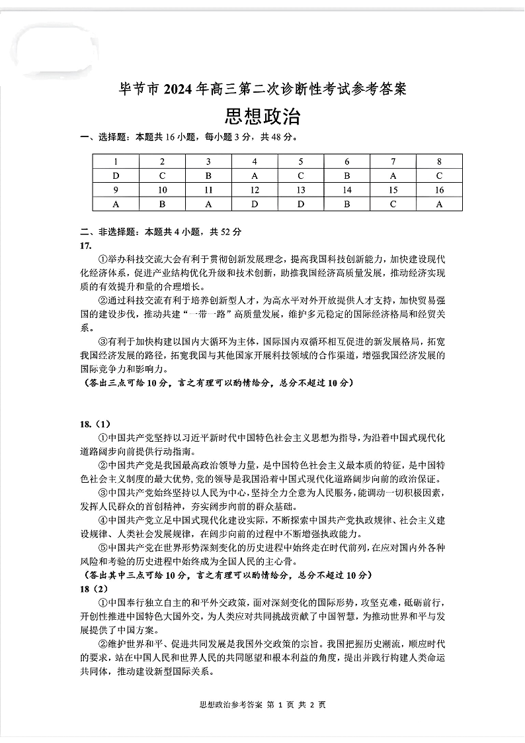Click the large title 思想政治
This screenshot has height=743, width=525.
pyautogui.click(x=262, y=117)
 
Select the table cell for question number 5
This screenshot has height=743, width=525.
pyautogui.click(x=301, y=162)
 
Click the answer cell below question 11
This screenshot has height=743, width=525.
pyautogui.click(x=208, y=204)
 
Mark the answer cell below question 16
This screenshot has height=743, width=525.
pyautogui.click(x=439, y=204)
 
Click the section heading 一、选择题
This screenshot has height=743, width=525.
pyautogui.click(x=103, y=138)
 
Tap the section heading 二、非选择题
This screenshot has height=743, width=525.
pyautogui.click(x=107, y=232)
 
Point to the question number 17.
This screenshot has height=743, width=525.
pyautogui.click(x=85, y=245)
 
